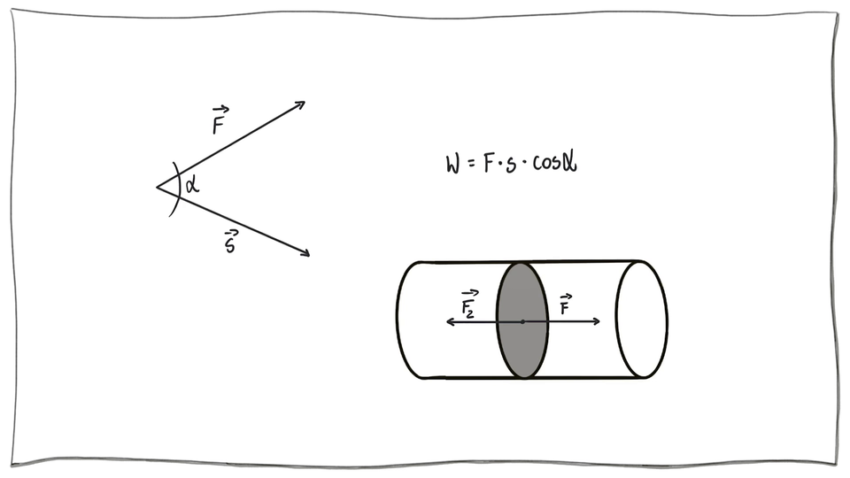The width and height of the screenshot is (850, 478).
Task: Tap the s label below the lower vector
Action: click(231, 242)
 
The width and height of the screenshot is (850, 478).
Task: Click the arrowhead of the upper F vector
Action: click(301, 104)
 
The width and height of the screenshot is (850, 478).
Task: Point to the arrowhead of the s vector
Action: click(306, 254)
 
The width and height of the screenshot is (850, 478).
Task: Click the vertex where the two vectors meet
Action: click(158, 187)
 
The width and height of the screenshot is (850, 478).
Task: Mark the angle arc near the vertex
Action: click(178, 187)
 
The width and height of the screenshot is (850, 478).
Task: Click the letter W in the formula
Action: click(454, 164)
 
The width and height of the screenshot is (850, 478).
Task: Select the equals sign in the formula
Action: click(471, 165)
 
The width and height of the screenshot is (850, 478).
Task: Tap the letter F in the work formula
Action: click(488, 164)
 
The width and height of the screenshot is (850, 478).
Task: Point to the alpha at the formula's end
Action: click(572, 164)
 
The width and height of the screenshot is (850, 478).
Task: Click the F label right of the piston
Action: click(565, 305)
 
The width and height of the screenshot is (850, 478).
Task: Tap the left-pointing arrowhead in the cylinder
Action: click(449, 321)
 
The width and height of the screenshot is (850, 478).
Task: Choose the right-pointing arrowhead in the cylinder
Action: click(598, 321)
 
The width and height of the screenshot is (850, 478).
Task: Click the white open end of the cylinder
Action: click(642, 319)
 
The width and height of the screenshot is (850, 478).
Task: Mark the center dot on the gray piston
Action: click(522, 321)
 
